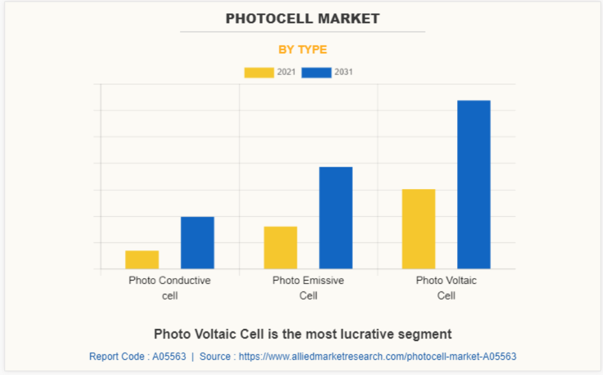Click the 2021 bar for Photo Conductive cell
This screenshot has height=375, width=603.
(x=142, y=259)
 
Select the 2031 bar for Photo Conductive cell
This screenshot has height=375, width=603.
(x=197, y=242)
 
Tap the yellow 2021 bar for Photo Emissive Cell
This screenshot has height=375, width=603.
(x=280, y=247)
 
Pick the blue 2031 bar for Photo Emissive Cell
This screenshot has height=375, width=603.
(x=336, y=217)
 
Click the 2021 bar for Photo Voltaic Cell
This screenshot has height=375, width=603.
(x=418, y=228)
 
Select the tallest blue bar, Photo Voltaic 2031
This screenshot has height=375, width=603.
(x=473, y=184)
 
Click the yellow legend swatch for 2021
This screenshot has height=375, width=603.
(x=259, y=73)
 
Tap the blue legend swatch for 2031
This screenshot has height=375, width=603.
(x=316, y=73)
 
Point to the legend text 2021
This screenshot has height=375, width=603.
(x=286, y=72)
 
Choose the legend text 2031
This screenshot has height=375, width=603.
(x=344, y=72)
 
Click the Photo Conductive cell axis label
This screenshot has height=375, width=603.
(x=170, y=288)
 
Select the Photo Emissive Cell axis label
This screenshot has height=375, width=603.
(x=308, y=288)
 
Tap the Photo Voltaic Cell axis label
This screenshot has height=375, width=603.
(x=446, y=288)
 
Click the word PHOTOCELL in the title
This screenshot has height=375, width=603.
(x=265, y=19)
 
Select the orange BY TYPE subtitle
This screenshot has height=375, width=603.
(x=302, y=50)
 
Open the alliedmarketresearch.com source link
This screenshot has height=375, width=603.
(x=377, y=356)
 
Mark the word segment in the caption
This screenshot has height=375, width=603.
(x=430, y=334)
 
